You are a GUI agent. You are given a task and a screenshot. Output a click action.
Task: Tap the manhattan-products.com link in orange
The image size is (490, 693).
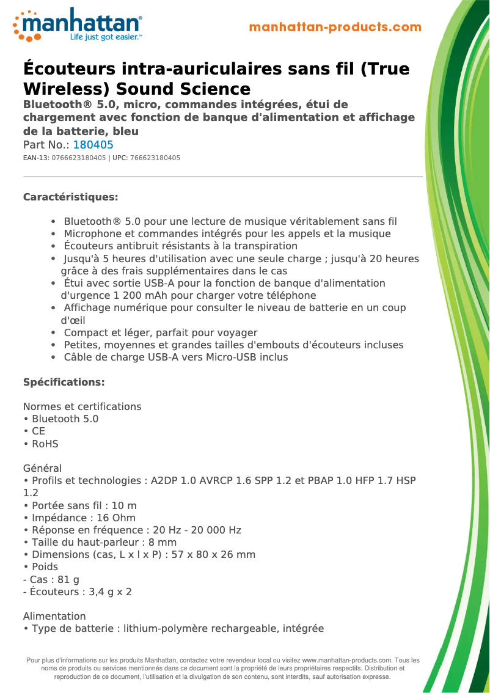point(335,27)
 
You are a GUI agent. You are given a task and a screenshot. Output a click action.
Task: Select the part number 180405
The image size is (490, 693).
point(93,145)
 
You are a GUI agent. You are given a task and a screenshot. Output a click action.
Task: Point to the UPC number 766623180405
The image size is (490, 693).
point(155,158)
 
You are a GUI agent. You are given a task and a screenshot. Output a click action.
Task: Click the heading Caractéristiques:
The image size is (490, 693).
point(70,197)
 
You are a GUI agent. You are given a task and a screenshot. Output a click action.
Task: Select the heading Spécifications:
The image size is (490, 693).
point(64,382)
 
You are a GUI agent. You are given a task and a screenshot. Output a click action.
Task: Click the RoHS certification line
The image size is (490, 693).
point(45,444)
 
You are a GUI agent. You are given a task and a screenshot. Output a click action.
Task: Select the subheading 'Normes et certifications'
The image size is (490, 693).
point(82,406)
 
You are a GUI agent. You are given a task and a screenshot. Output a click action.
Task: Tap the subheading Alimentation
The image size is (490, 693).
point(54,616)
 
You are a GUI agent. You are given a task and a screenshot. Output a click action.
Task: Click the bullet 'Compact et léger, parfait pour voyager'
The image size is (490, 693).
point(160,332)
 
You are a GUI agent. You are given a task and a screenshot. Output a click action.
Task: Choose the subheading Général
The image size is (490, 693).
point(42,469)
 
